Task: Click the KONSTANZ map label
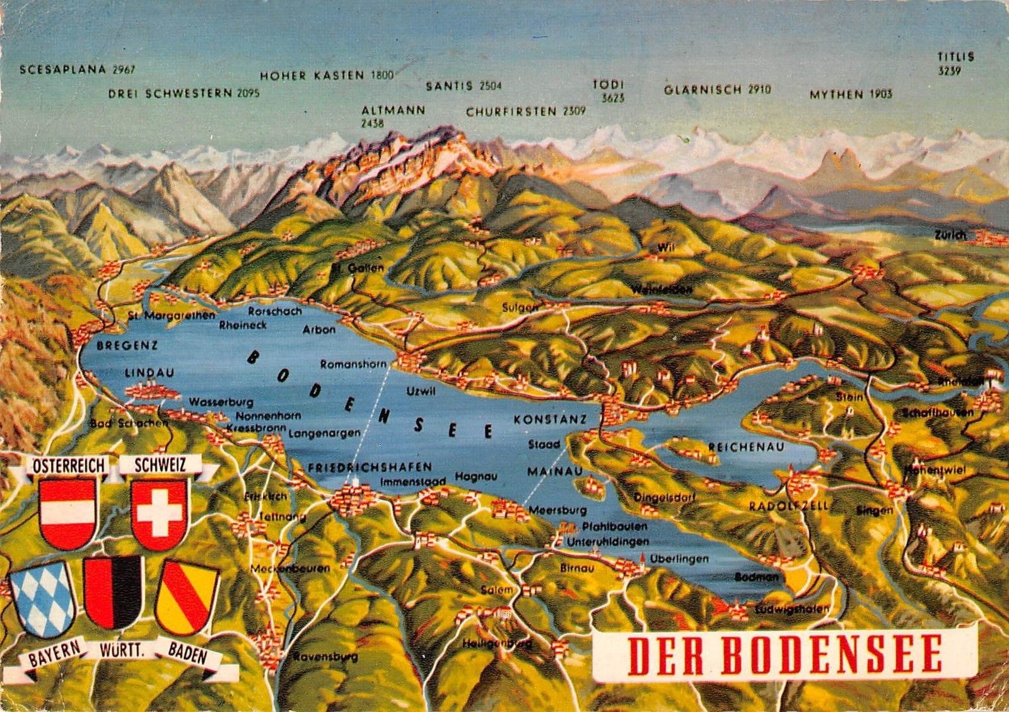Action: [x=550, y=419]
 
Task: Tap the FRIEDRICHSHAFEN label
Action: [x=370, y=467]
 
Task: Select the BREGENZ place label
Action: [x=127, y=345]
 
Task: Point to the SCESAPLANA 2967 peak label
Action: [x=78, y=69]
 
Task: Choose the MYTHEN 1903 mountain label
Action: [x=851, y=95]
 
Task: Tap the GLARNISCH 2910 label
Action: [x=717, y=90]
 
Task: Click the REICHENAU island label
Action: [x=746, y=447]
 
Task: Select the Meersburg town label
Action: [x=557, y=510]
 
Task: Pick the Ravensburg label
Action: [x=325, y=657]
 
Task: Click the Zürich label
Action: [x=950, y=235]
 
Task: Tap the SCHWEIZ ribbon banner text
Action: [x=160, y=465]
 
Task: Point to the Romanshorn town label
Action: [x=353, y=364]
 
